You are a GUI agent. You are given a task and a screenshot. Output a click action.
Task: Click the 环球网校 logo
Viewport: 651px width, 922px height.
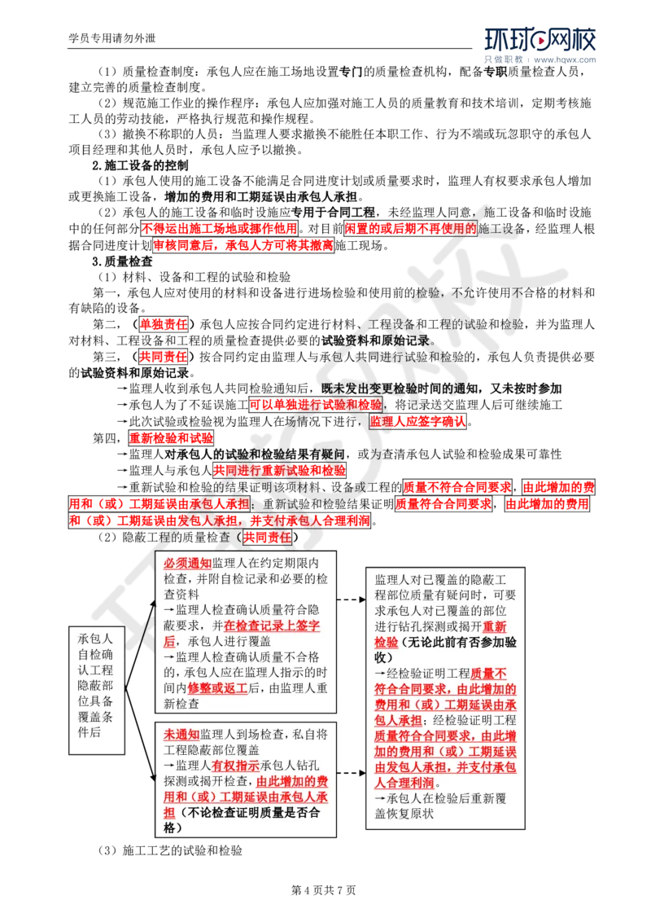point(540,45)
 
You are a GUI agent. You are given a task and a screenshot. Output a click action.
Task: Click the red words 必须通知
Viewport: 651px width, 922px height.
point(187,563)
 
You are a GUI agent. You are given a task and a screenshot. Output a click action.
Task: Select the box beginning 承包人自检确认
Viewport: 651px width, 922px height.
point(96,689)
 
